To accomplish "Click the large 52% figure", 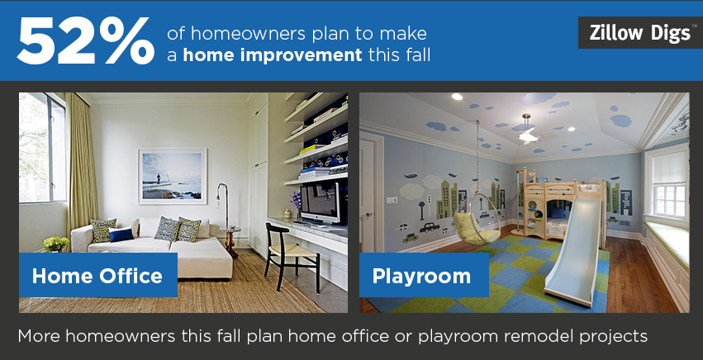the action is click(86, 42).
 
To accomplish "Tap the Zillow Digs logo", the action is click(640, 33).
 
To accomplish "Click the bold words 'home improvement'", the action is click(273, 55).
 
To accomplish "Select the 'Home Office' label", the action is click(97, 275).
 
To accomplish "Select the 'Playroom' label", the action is click(423, 275).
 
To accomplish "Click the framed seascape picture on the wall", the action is click(173, 176).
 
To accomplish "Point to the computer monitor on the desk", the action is click(320, 202).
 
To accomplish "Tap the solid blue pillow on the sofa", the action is click(121, 234).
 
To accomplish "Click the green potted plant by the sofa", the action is click(56, 244).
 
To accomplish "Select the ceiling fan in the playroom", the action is click(529, 130).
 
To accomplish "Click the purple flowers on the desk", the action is click(296, 201).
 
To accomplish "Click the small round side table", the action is click(231, 241).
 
